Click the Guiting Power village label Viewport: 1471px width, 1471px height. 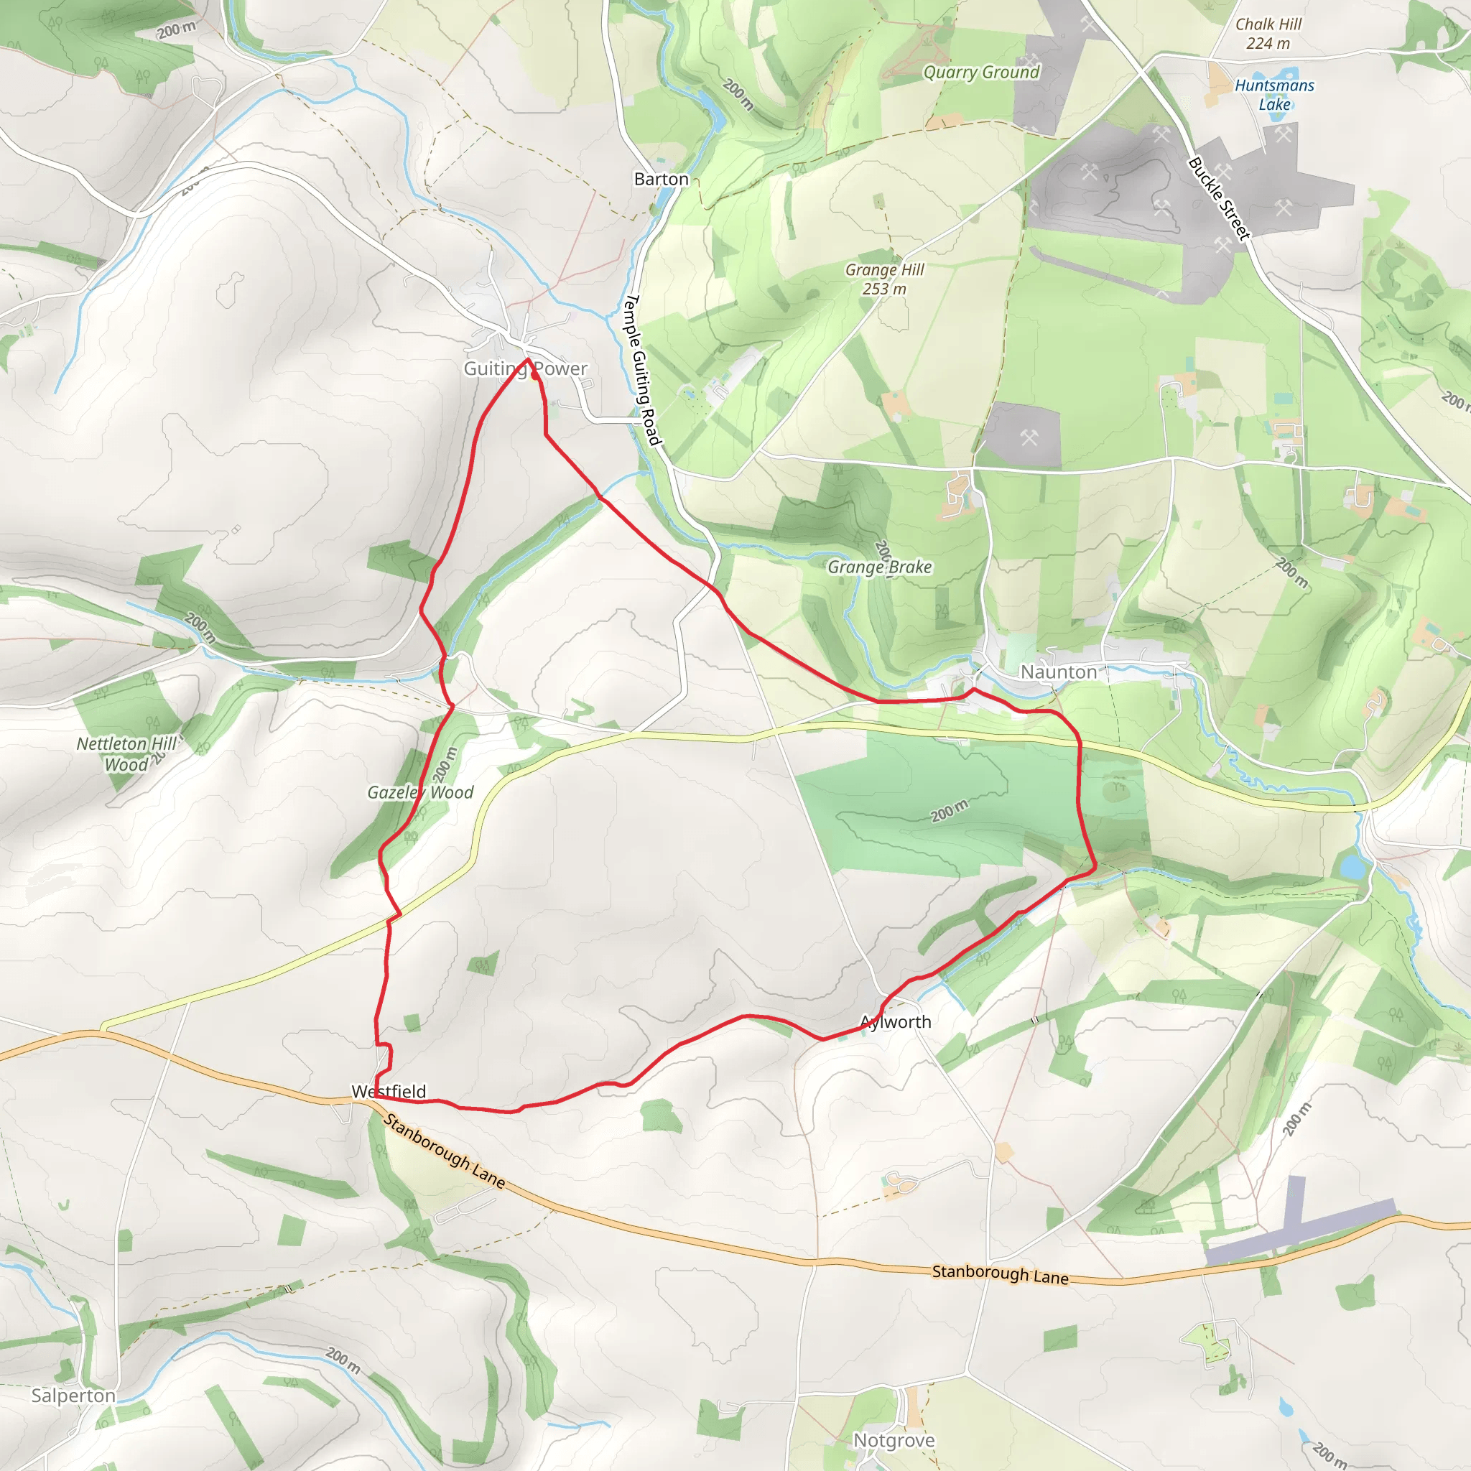pos(525,368)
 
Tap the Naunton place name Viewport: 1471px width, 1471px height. pos(1058,672)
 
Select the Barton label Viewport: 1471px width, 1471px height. pos(661,179)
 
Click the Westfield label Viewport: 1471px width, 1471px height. pos(389,1091)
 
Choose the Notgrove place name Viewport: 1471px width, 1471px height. pos(893,1440)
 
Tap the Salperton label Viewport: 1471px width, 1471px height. pos(73,1395)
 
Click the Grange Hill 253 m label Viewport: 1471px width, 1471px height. pos(884,279)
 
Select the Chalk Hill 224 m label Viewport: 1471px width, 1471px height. pos(1268,34)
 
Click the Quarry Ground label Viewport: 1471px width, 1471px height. pos(980,73)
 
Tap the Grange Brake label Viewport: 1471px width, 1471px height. pos(879,567)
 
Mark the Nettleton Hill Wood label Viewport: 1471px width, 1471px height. pos(126,753)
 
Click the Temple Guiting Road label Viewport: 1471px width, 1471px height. pos(641,369)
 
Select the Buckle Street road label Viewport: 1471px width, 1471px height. pos(1218,198)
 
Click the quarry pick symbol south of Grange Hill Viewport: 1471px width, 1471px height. pos(1029,438)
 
